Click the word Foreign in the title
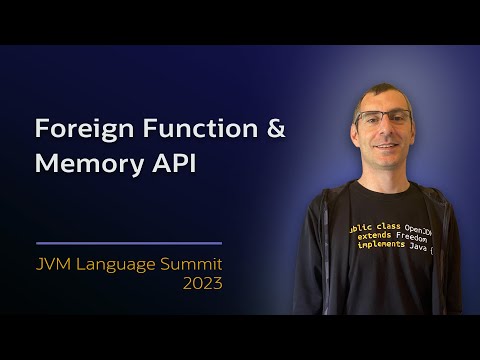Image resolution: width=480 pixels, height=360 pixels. [x=75, y=130]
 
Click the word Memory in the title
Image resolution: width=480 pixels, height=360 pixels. [x=83, y=163]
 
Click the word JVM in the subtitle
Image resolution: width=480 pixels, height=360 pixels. [x=58, y=264]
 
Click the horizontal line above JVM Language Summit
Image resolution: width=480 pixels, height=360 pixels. [x=128, y=243]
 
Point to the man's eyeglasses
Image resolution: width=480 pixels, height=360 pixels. [x=384, y=117]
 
